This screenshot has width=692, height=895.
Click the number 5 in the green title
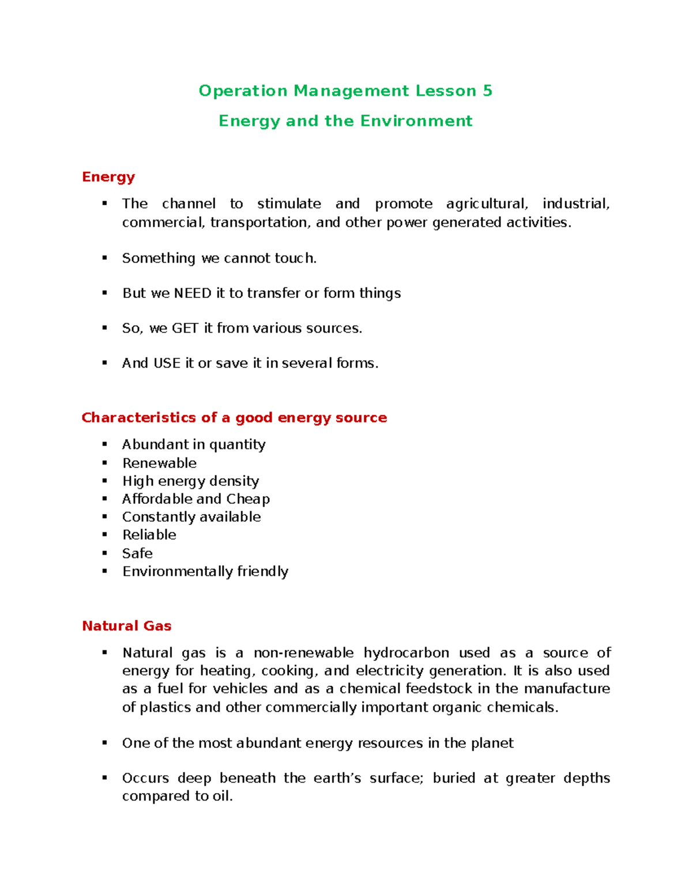(x=487, y=91)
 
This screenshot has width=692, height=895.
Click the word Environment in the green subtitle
(x=416, y=121)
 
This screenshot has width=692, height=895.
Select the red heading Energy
(x=108, y=177)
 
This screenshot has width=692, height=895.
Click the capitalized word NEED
(x=193, y=293)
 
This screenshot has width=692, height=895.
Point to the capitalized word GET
(x=185, y=328)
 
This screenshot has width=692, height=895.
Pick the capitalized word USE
(x=167, y=364)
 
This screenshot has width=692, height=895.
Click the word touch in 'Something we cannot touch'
(x=294, y=258)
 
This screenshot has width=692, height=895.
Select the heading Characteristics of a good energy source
(x=234, y=418)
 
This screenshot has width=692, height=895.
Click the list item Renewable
(x=159, y=463)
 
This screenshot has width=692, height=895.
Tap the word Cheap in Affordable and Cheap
(x=248, y=499)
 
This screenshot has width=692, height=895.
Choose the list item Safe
(x=137, y=553)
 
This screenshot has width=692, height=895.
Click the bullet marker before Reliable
(x=105, y=535)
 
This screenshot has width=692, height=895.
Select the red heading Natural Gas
(x=127, y=626)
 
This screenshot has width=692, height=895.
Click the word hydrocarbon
(x=406, y=653)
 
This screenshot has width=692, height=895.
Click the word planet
(x=492, y=743)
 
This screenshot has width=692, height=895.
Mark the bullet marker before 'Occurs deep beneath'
(x=105, y=778)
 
